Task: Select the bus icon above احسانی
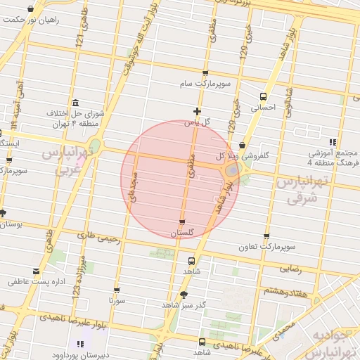(263, 96)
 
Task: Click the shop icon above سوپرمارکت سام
(205, 73)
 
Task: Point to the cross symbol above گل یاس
(197, 111)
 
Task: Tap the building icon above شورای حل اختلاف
(75, 103)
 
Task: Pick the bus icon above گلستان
(182, 221)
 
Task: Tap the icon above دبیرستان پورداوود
(79, 344)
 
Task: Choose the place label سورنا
(116, 300)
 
